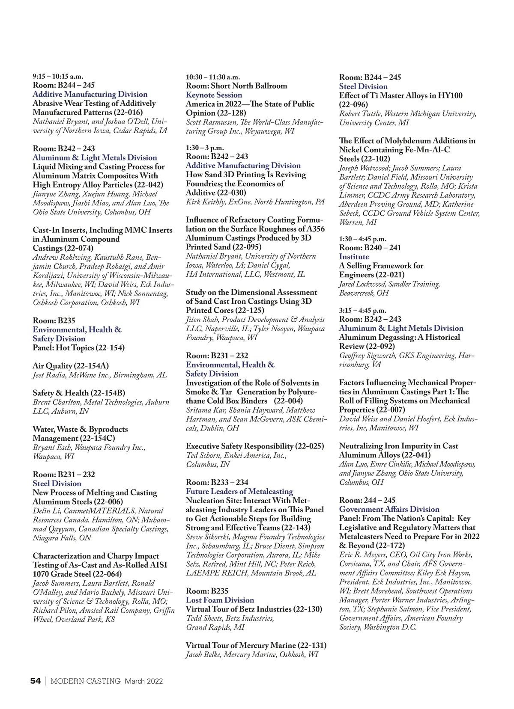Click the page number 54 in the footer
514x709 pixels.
click(x=36, y=681)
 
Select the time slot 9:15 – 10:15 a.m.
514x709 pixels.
click(x=58, y=77)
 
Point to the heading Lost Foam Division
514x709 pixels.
click(x=220, y=600)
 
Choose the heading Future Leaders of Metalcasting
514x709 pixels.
click(x=239, y=491)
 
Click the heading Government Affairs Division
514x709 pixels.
click(x=389, y=509)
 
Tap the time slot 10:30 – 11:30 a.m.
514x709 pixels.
click(x=213, y=77)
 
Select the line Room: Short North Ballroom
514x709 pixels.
click(x=236, y=86)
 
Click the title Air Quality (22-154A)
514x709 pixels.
click(x=71, y=366)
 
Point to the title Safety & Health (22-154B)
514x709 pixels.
click(x=79, y=393)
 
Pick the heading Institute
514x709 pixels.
click(x=354, y=257)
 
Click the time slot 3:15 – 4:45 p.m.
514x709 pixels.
click(x=362, y=310)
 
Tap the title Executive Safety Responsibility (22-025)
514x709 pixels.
click(x=255, y=446)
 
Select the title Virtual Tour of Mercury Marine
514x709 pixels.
click(x=241, y=645)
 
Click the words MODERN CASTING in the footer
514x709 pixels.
click(x=86, y=681)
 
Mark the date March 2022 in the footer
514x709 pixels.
click(x=144, y=681)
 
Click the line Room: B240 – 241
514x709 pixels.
click(x=370, y=248)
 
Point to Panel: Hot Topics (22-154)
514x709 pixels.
click(x=78, y=348)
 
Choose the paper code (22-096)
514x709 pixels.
click(x=353, y=104)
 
